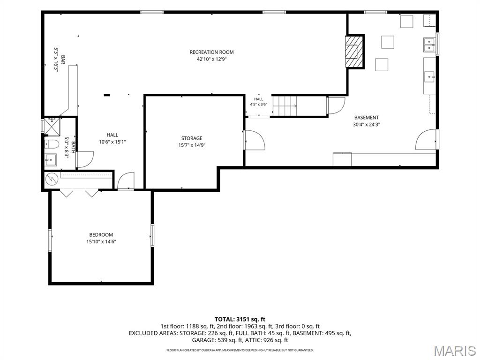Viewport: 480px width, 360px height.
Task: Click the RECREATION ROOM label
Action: (211, 52)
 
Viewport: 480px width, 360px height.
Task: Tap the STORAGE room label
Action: (192, 138)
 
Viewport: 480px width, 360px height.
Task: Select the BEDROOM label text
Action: (101, 235)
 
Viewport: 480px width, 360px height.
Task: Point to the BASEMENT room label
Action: (367, 118)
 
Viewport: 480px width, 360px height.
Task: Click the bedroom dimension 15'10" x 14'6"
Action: (101, 242)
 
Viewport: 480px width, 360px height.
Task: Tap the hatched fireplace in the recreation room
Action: (354, 51)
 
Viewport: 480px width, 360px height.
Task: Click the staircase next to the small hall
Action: (285, 106)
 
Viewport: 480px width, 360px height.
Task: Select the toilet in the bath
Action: (52, 144)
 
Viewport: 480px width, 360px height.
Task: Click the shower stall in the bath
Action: (52, 126)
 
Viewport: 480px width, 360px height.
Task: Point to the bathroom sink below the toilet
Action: (51, 159)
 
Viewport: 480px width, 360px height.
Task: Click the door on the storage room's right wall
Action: (255, 140)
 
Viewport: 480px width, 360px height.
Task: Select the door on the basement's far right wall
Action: (427, 140)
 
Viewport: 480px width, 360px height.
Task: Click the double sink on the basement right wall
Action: (429, 45)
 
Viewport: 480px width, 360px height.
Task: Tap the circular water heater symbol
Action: (52, 180)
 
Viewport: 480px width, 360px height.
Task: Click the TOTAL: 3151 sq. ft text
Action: (240, 320)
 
